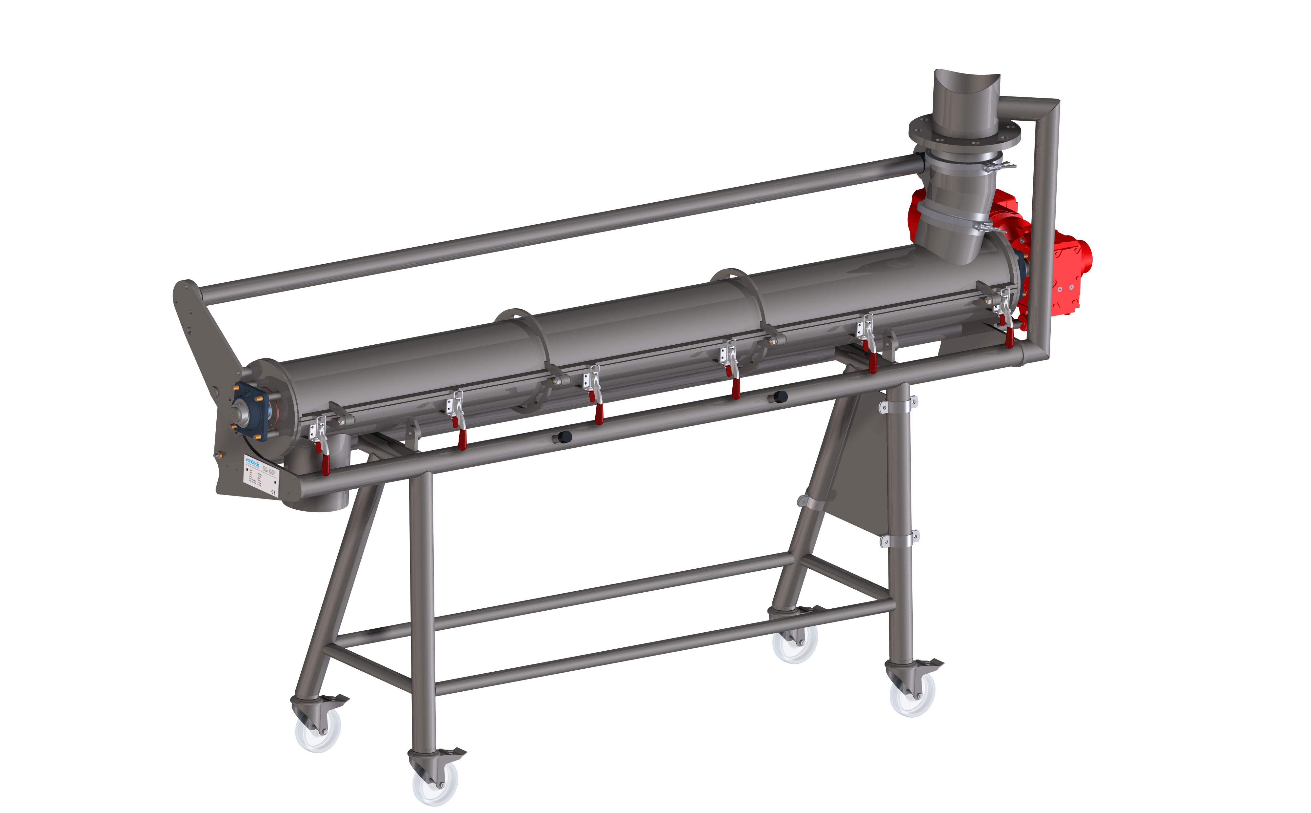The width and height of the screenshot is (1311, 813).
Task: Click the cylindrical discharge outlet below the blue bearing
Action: pos(317,484)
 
